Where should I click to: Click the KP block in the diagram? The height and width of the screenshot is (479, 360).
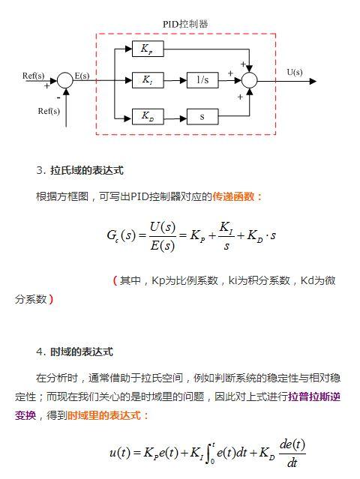click(147, 49)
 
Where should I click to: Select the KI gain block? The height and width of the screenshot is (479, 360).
click(147, 80)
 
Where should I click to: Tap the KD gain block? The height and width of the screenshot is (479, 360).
click(147, 116)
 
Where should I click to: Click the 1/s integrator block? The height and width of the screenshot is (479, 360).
click(202, 80)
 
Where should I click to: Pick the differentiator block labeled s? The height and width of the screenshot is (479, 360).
click(202, 116)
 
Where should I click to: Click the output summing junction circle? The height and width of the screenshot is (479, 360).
click(250, 80)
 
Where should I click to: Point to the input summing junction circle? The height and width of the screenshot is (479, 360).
click(65, 80)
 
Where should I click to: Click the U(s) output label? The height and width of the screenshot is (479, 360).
click(295, 73)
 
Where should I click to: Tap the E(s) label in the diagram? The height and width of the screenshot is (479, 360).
click(82, 75)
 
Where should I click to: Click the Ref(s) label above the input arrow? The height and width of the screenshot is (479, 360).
click(34, 75)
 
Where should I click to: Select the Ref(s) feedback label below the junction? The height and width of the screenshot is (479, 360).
click(49, 111)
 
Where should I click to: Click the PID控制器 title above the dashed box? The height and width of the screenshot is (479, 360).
click(185, 24)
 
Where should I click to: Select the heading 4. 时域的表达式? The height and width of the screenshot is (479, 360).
click(74, 352)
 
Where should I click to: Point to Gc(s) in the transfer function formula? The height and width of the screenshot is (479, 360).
click(121, 235)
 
